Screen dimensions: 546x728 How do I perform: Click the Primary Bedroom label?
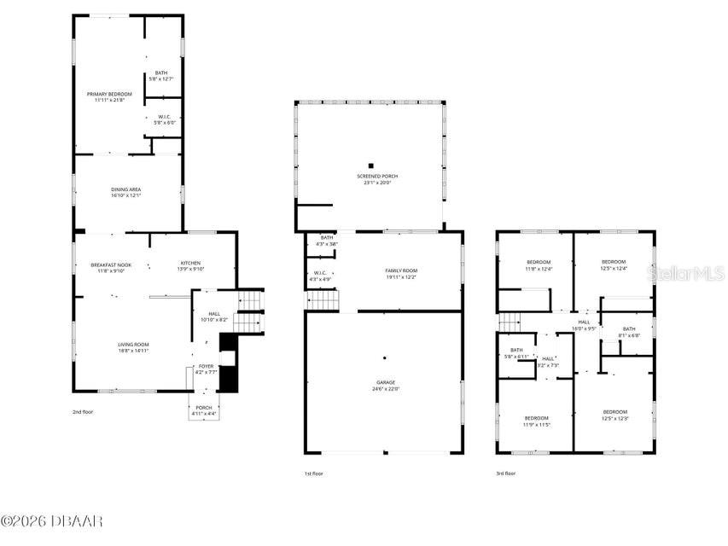109,96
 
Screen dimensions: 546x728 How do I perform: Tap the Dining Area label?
125,192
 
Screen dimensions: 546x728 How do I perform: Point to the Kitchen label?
189,266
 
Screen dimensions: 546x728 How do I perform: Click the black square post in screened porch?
370,166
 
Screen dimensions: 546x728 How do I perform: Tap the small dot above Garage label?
384,357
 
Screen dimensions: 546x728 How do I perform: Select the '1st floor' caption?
314,473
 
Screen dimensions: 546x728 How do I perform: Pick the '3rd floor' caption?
506,473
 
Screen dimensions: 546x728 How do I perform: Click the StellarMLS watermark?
686,273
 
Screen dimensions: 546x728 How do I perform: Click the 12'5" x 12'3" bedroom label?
614,415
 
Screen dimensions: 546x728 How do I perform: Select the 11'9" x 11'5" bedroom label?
536,421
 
